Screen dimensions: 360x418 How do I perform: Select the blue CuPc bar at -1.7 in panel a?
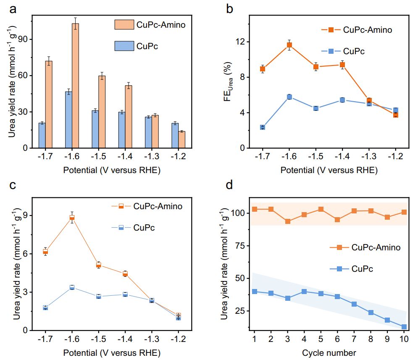pyautogui.click(x=42, y=135)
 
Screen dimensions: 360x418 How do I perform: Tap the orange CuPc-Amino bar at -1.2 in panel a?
pyautogui.click(x=182, y=139)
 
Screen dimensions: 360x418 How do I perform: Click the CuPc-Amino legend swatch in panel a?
pyautogui.click(x=124, y=24)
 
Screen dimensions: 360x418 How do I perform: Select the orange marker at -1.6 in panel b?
pyautogui.click(x=289, y=45)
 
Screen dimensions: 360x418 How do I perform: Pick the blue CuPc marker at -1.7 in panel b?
pyautogui.click(x=263, y=127)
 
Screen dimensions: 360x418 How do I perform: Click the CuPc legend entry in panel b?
pyautogui.click(x=353, y=51)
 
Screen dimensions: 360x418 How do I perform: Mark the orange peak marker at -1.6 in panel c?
pyautogui.click(x=72, y=217)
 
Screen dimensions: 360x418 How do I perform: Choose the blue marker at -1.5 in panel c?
pyautogui.click(x=99, y=296)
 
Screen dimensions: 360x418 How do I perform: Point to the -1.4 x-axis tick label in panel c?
pyautogui.click(x=125, y=340)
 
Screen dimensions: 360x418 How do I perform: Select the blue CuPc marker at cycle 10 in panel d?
pyautogui.click(x=404, y=326)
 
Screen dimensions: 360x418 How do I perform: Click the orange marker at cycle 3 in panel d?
pyautogui.click(x=288, y=221)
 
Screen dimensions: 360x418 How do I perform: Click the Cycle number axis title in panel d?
pyautogui.click(x=329, y=352)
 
